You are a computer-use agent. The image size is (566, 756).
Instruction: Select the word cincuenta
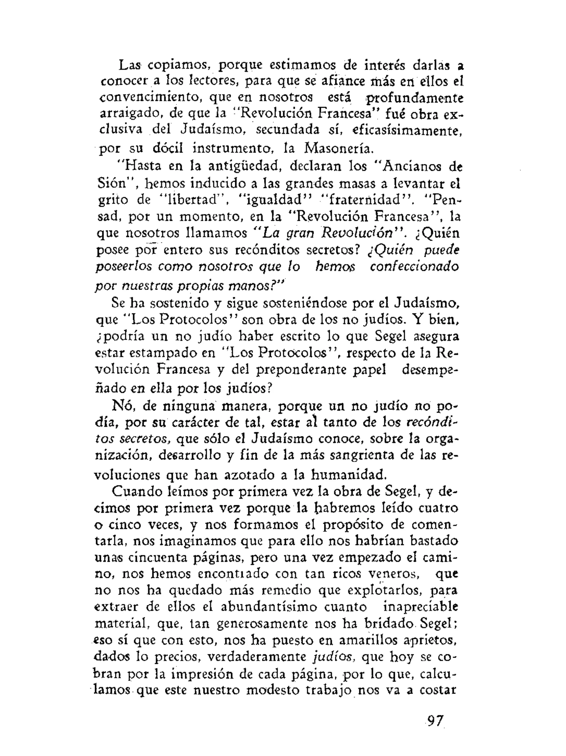tap(159, 558)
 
